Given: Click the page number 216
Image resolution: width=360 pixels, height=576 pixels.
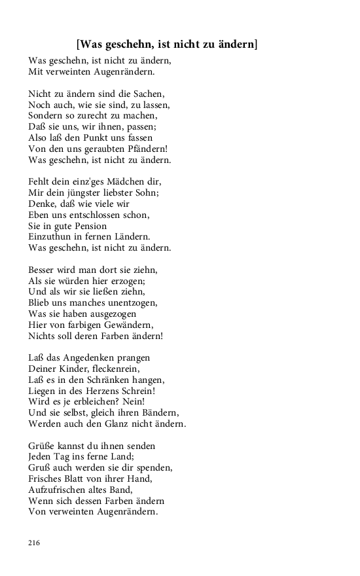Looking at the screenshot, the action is pyautogui.click(x=35, y=543).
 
